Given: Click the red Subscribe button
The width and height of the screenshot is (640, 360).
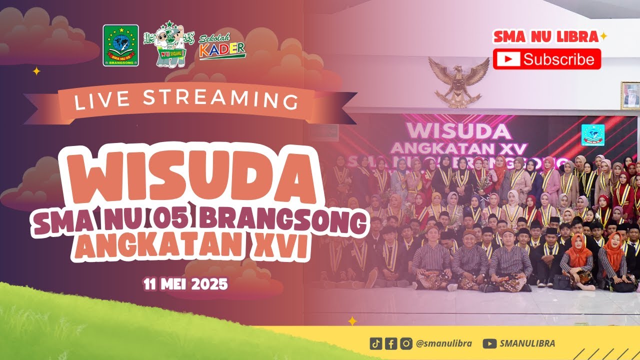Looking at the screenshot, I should point(546,59).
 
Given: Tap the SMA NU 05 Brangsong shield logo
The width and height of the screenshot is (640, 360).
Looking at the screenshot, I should point(120,45).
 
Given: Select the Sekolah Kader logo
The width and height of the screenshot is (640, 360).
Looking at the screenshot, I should point(222,46).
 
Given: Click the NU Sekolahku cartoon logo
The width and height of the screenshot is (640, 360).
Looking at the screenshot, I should point(168,44).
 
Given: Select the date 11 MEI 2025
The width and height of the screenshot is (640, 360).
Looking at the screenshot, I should point(185,284).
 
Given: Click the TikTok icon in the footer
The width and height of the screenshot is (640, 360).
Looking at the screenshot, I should point(376,343).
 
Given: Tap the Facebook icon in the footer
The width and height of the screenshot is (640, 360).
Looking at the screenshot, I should point(391,343).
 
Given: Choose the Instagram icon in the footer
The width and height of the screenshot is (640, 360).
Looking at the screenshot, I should point(406,343).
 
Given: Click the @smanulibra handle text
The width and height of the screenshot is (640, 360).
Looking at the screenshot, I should point(443,343).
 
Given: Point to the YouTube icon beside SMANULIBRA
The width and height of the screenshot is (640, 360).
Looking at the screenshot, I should point(490,343).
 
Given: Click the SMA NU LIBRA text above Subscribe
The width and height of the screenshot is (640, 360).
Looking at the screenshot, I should point(546,37).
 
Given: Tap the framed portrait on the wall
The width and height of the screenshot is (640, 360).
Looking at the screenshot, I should point(629,95).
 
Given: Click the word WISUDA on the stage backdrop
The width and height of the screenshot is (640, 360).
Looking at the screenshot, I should point(458,130).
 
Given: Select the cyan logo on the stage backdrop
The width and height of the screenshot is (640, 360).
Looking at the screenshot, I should point(592,134).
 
